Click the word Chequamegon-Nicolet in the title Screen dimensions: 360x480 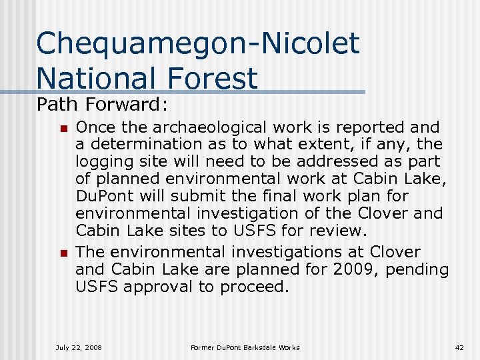pyautogui.click(x=198, y=45)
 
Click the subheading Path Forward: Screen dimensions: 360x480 pyautogui.click(x=103, y=105)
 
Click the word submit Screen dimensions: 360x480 pyautogui.click(x=189, y=197)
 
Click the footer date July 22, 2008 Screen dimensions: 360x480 pyautogui.click(x=79, y=347)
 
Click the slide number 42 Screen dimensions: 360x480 pyautogui.click(x=459, y=347)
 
